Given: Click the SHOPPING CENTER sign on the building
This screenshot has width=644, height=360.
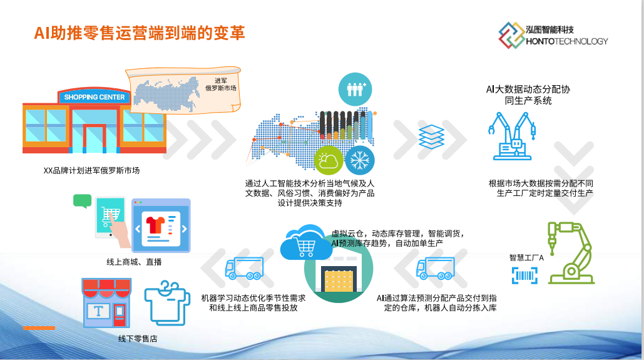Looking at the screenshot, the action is click(95, 97).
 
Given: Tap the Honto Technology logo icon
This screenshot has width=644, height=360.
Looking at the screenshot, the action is click(511, 35).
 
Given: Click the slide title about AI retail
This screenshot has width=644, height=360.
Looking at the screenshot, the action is click(140, 33).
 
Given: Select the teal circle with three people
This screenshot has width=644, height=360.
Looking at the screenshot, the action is click(355, 89).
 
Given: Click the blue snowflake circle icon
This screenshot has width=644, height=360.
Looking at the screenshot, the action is click(360, 160).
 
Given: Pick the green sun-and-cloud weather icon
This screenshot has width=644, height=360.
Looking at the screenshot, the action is click(329, 160).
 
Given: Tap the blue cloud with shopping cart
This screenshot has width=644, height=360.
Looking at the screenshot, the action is click(306, 243).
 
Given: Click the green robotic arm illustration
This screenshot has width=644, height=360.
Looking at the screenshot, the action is click(571, 253).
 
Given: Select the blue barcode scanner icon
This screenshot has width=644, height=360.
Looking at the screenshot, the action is click(524, 275).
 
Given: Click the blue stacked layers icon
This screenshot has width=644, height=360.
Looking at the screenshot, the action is click(431, 137).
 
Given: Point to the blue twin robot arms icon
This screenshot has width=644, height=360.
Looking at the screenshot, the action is click(512, 136).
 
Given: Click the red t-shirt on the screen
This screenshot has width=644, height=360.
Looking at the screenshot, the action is click(156, 225).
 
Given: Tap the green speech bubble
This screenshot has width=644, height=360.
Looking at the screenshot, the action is click(82, 201).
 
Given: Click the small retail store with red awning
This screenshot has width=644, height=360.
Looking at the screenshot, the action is click(107, 303).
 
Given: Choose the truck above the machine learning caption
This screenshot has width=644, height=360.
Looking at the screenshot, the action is click(244, 269).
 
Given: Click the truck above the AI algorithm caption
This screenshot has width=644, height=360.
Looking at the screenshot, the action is click(436, 269).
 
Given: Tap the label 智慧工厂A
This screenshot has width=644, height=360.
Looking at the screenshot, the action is click(526, 258).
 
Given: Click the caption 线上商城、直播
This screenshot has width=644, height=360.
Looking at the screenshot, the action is click(134, 262).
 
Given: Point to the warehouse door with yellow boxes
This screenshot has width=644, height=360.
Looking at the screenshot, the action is click(339, 279).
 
